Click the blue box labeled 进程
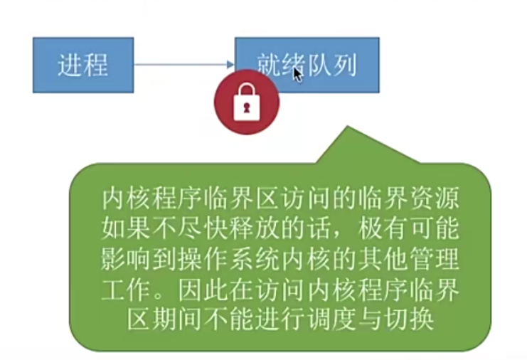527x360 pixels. [x=83, y=65]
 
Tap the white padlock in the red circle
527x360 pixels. [x=246, y=102]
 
